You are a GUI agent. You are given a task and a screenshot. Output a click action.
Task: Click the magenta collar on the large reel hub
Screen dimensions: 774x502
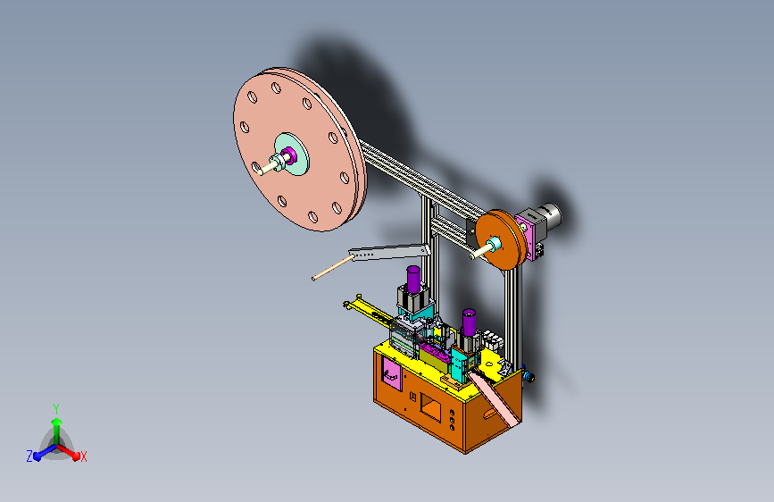[290, 155]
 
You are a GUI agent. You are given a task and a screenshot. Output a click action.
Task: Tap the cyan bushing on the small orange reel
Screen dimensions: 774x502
[494, 244]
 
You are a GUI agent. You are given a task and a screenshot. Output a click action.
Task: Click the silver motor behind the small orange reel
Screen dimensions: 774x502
[547, 215]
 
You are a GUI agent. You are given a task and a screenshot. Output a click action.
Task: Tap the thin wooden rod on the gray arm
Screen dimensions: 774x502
[333, 268]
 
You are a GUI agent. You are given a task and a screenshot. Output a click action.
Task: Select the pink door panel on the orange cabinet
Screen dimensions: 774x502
[391, 373]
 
